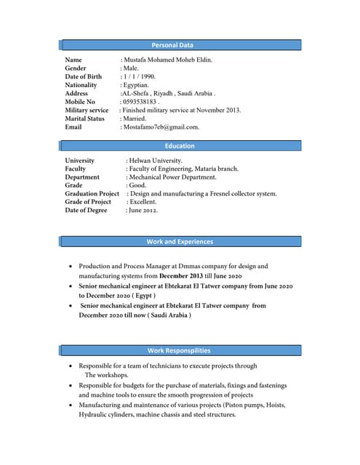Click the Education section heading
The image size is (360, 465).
180,146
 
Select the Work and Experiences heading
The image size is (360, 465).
180,241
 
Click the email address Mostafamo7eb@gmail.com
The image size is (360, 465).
161,127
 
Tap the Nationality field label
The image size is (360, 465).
81,85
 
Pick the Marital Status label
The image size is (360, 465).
84,118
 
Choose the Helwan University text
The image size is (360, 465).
156,161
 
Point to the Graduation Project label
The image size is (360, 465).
92,194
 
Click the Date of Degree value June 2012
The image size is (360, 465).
143,211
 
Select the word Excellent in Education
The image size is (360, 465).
143,202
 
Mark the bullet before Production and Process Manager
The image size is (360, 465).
70,267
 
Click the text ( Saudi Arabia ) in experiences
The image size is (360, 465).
169,316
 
